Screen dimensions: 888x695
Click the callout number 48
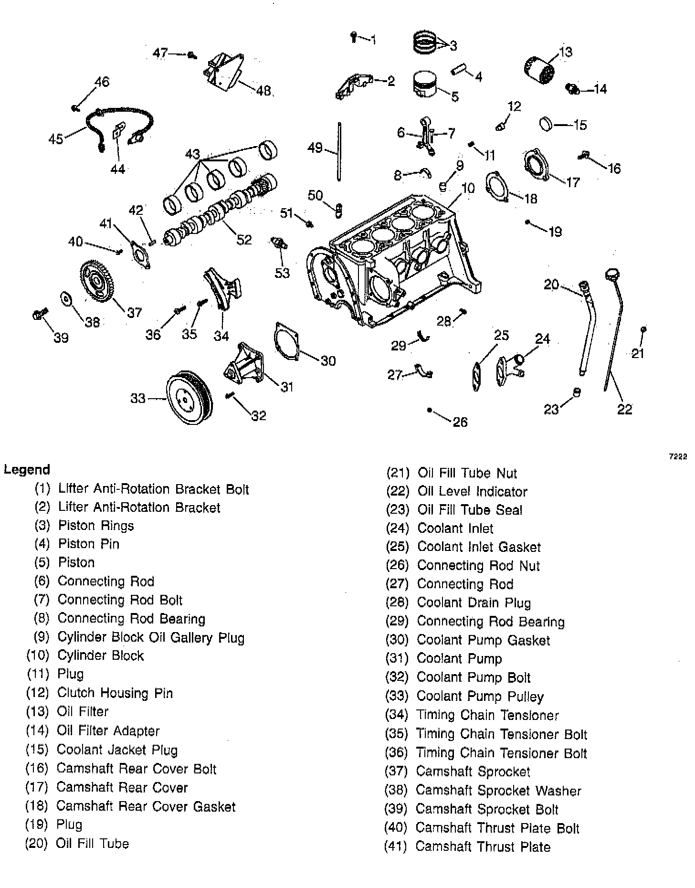pos(263,91)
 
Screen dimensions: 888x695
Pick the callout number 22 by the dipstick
pos(624,409)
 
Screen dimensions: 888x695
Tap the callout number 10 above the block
pos(468,188)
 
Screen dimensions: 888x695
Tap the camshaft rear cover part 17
pos(537,165)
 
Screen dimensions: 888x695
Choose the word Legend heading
pos(27,470)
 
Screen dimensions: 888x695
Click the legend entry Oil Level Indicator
pos(472,492)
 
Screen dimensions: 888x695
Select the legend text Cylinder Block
pos(100,655)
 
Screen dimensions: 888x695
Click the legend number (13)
pos(37,711)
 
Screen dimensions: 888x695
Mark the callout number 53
pos(282,273)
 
